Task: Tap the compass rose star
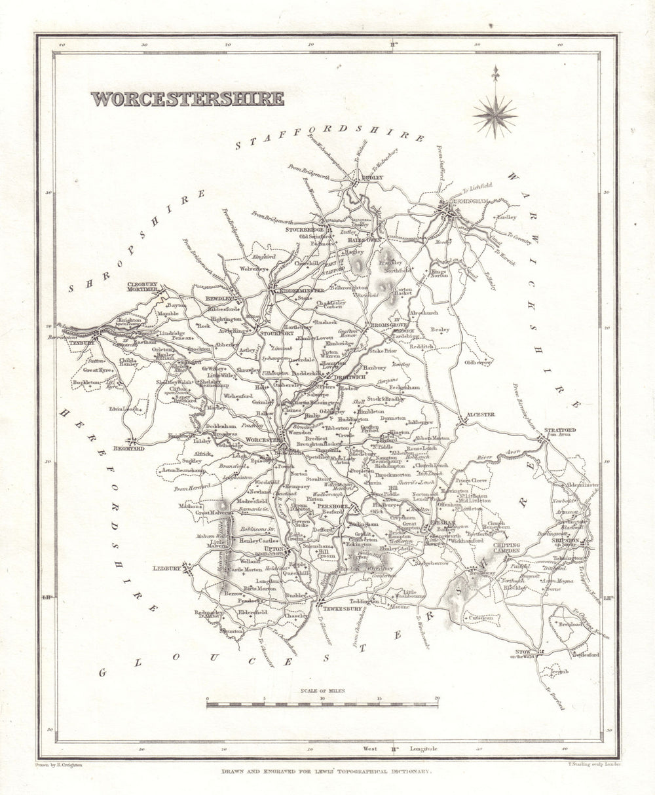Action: point(495,116)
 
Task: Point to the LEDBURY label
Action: point(167,568)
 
